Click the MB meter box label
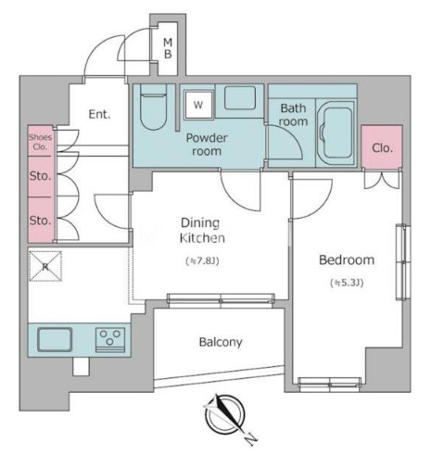168,48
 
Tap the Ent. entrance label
99,114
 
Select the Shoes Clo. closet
40,141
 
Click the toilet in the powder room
154,107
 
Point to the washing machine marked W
199,105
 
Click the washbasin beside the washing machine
240,98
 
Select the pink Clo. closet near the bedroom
382,147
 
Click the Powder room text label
207,145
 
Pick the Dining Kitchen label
202,231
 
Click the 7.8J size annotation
202,261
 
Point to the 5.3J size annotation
347,283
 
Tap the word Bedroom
347,260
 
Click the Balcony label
221,342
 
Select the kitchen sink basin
55,339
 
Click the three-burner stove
110,340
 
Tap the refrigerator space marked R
45,266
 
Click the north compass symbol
225,414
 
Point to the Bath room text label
293,115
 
